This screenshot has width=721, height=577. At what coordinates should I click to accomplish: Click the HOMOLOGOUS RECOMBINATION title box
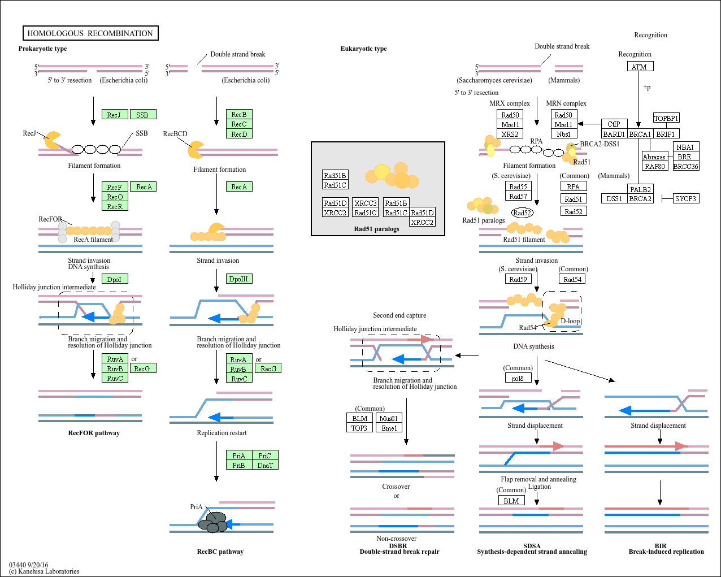[90, 33]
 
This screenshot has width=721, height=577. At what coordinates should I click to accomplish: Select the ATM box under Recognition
[640, 67]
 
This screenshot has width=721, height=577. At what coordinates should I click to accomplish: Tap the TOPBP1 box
[666, 118]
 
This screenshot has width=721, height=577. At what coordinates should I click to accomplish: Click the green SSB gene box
[142, 115]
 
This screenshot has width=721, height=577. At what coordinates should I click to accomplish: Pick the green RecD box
[239, 134]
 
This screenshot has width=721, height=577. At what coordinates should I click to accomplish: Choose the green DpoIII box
[239, 279]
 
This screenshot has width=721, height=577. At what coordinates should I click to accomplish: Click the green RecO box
[115, 197]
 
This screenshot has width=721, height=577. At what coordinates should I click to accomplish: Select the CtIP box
[614, 124]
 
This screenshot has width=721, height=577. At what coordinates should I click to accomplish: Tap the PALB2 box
[640, 189]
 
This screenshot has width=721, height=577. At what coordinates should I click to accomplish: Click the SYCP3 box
[685, 198]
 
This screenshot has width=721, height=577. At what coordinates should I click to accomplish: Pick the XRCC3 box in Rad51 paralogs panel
[365, 203]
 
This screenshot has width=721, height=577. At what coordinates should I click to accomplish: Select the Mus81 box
[389, 418]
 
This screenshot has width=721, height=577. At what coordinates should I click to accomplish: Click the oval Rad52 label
[522, 213]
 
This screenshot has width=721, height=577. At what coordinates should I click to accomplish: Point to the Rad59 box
[518, 279]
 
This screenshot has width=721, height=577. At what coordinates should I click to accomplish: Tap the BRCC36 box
[686, 166]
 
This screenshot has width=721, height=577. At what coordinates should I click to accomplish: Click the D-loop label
[570, 321]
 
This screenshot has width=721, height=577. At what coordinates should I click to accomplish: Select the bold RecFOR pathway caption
[94, 433]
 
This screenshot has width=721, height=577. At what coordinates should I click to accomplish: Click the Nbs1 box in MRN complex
[563, 134]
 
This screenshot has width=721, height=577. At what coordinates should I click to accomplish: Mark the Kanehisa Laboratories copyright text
[44, 571]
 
